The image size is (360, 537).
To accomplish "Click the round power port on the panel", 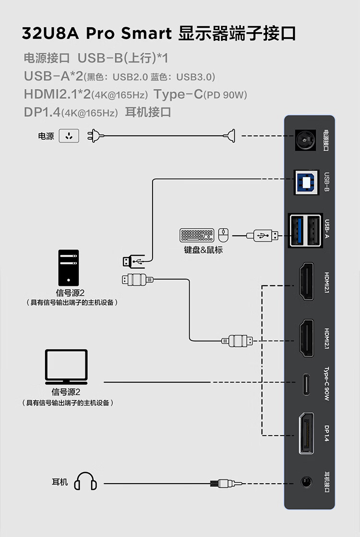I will click(304, 141).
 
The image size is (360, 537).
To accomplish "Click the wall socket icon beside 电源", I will click(69, 136).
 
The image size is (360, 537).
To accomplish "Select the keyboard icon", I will click(197, 235).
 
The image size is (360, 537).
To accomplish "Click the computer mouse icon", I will click(223, 235).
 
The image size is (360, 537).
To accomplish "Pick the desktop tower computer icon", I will click(68, 268).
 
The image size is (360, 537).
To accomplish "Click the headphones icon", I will click(85, 481).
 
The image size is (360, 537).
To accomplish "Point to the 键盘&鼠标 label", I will click(203, 250).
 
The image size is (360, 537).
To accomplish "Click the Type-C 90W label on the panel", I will click(326, 384).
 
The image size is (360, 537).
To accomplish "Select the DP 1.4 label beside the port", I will click(326, 433).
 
